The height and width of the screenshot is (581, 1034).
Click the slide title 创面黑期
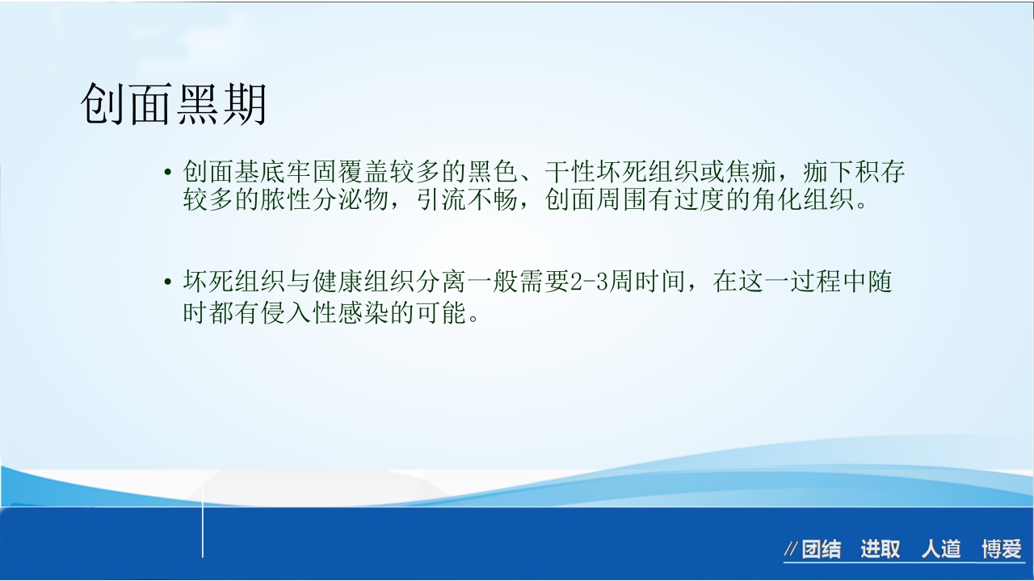coord(174,105)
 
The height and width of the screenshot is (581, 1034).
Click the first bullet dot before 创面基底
coord(168,173)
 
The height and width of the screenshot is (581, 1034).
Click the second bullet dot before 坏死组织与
coord(168,282)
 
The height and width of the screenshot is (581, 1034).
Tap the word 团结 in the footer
coord(822,550)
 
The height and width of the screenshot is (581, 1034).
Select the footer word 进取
coord(881,550)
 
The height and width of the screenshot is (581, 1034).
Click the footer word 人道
coord(941,550)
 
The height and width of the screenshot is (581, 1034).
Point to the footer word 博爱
coord(1002,550)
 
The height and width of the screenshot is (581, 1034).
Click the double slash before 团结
coord(792,550)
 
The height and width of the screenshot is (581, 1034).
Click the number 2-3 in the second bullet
coord(594,282)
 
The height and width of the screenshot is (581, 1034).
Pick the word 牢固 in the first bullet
coord(312,172)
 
